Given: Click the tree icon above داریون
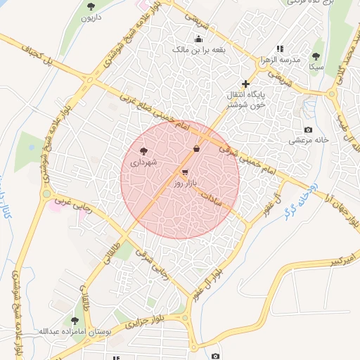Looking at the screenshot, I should pos(91,6).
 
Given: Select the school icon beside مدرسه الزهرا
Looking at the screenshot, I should pos(280,49).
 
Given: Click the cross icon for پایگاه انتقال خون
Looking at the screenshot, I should pos(245,84).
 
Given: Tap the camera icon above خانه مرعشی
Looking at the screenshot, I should pos(308,129).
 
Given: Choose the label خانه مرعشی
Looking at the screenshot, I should pos(308,141).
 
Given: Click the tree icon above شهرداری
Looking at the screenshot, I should pos(144,151).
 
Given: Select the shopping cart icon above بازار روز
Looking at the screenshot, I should pos(185,172).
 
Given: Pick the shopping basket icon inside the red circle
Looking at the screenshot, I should pos(196,148).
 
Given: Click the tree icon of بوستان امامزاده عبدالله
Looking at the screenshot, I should pos(74,321).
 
